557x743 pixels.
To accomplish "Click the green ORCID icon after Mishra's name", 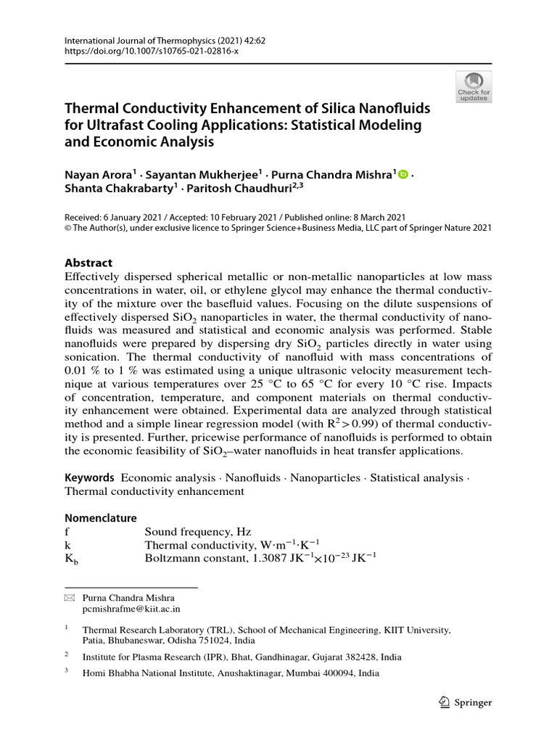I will (x=403, y=174).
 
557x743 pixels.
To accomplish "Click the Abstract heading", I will (x=88, y=263).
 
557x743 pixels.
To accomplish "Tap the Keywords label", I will (x=89, y=477).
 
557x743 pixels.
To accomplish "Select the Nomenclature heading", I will (x=101, y=518).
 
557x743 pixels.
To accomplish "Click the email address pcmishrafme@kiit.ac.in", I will (x=131, y=610).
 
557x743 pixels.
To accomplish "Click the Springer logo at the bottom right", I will (x=466, y=702).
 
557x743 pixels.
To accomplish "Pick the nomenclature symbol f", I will (x=67, y=532).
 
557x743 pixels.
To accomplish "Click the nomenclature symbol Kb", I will (x=70, y=559).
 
